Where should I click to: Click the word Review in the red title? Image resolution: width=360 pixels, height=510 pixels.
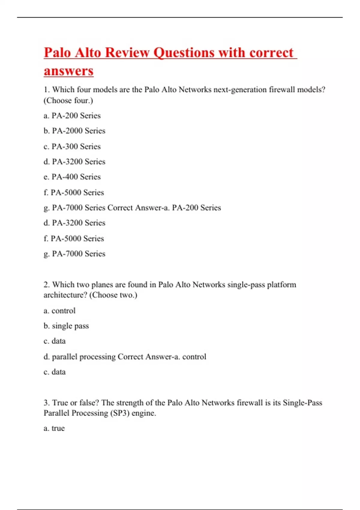[127, 52]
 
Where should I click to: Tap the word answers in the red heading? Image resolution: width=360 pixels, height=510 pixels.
[69, 71]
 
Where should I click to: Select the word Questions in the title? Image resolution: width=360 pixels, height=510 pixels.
[184, 52]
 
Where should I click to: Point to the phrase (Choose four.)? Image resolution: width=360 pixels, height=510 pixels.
[68, 100]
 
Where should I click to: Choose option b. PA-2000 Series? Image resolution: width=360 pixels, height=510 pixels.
[74, 131]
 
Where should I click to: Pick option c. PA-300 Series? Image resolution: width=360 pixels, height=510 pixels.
[72, 146]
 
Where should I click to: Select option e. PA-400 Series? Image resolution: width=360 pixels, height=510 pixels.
[72, 177]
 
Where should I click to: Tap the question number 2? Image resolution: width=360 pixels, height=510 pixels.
[46, 284]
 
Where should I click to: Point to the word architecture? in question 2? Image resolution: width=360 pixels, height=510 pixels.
[65, 295]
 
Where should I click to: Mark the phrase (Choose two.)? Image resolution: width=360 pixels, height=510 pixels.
[113, 295]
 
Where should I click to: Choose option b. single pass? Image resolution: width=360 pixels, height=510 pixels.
[66, 326]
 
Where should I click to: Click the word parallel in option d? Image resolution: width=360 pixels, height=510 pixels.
[64, 357]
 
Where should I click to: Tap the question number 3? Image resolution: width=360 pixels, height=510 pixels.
[46, 403]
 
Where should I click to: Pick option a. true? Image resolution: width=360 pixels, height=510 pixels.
[54, 428]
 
